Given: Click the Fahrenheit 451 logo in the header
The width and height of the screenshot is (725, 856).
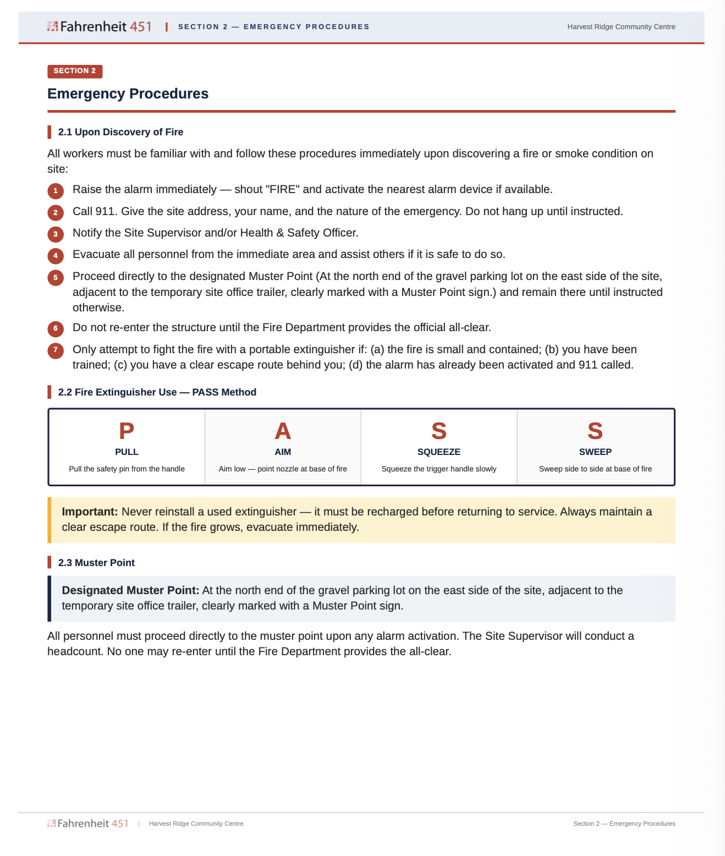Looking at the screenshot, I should point(100,26).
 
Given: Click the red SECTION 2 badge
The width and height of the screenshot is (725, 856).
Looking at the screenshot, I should point(75,71).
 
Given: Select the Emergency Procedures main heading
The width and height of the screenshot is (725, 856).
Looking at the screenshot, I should point(128,94).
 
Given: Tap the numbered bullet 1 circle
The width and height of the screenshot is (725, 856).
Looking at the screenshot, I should point(56,191).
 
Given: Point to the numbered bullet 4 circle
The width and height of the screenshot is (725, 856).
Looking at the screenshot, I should point(56,256).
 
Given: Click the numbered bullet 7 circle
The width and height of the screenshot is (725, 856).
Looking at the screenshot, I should point(56,350).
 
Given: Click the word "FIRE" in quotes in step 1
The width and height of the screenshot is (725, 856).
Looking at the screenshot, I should point(282,189).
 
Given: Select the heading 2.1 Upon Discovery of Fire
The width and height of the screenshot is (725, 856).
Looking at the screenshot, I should point(120,132).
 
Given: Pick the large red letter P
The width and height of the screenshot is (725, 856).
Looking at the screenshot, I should point(127,431).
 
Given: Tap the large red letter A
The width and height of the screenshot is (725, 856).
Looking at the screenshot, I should point(283,431).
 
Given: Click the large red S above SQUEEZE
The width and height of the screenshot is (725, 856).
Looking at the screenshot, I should point(439,431).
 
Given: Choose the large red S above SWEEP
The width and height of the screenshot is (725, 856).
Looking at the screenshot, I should point(595,431).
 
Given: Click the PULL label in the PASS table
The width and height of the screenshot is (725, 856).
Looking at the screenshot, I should point(127,452).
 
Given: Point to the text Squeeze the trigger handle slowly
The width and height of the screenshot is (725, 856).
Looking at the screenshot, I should point(439,469).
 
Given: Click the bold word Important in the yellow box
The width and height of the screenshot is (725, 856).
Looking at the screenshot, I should point(90,512).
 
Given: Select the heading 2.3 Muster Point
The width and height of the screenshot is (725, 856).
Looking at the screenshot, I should point(96,563).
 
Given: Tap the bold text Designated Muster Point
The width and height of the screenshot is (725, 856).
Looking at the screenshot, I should point(130,590).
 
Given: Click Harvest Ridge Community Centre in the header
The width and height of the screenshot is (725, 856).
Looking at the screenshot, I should point(621,27).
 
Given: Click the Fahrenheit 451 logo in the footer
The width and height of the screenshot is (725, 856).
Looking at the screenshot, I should point(88,824).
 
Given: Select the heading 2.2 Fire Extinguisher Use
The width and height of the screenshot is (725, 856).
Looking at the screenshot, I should point(157,392).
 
